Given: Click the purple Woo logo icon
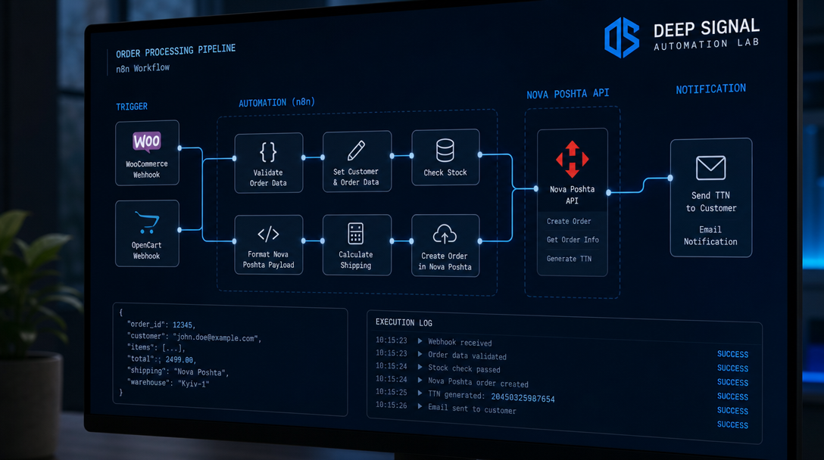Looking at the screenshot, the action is tap(147, 141).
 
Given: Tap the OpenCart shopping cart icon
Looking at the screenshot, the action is tap(147, 222).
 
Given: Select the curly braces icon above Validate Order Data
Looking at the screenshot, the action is tap(268, 152).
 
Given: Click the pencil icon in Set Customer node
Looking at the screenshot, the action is tap(356, 151).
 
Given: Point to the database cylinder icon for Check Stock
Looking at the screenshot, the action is tap(445, 151).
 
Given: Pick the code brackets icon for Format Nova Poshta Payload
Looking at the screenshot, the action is tap(268, 234).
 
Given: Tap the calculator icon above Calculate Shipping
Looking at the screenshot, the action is tap(356, 234).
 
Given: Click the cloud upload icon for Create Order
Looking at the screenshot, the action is tap(445, 235).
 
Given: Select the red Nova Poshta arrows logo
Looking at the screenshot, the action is tap(573, 159).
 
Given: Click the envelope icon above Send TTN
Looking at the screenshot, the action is tap(711, 168).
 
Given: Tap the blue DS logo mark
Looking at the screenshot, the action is tap(622, 37).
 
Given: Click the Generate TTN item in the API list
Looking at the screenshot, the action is tap(569, 258).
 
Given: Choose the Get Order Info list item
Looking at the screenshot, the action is tap(573, 239).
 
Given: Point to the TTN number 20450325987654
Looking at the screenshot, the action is tap(523, 398).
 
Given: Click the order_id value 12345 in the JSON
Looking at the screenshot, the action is tap(183, 325).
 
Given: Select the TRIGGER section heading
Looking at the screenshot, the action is tap(132, 107).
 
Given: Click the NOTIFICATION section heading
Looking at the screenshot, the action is tap(711, 89).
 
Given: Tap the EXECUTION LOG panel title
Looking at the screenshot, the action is tap(404, 322).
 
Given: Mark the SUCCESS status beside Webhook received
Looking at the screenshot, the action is tap(732, 354).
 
